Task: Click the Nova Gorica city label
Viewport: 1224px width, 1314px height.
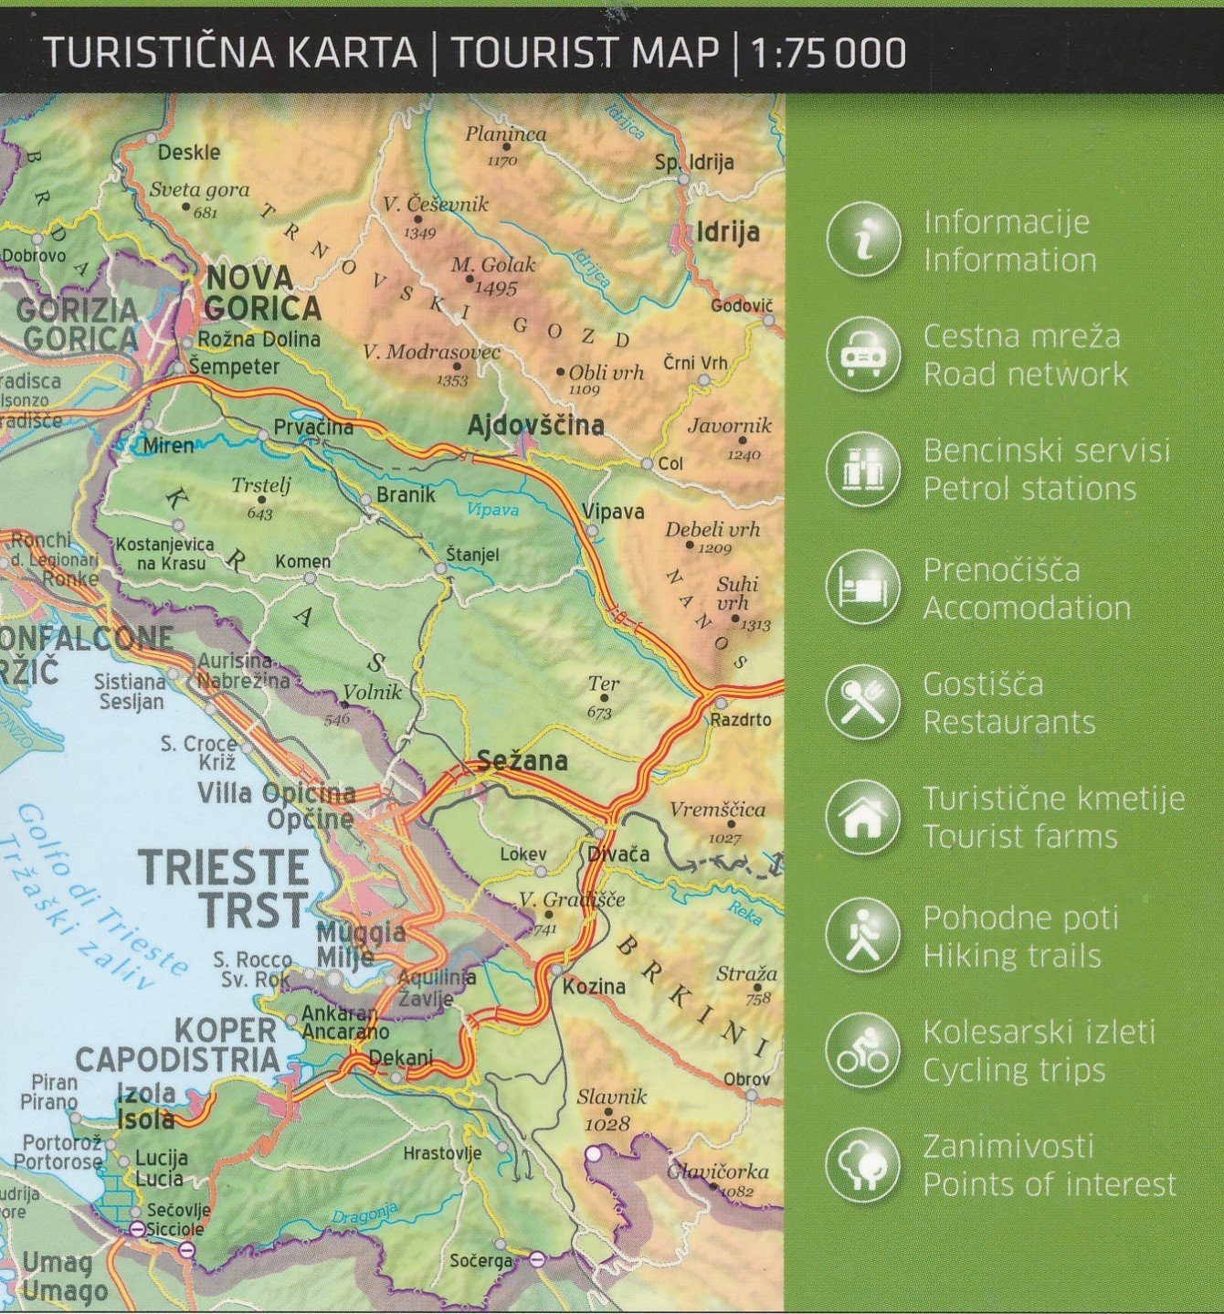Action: (x=262, y=292)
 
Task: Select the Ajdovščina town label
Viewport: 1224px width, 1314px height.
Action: (x=535, y=425)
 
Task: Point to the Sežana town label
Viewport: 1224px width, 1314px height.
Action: (x=522, y=760)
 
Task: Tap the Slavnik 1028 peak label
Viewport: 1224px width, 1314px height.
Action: (x=612, y=1108)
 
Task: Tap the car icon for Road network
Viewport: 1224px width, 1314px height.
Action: (x=863, y=354)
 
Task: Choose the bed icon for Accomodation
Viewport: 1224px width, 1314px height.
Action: (x=863, y=587)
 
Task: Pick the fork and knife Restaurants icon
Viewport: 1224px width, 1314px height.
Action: (x=863, y=703)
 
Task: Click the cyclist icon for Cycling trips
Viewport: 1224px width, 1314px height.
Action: (x=863, y=1051)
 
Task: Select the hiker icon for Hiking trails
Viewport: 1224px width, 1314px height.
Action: (x=863, y=935)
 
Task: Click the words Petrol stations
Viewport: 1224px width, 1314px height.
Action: (x=1029, y=490)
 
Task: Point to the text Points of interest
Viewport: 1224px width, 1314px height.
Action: (x=1049, y=1185)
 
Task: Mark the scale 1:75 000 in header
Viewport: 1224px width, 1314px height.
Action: (x=828, y=53)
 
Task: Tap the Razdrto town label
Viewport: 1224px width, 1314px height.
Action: (x=741, y=720)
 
